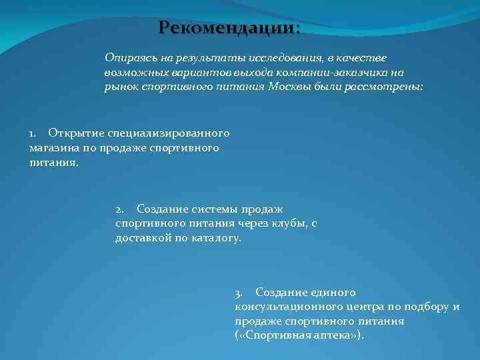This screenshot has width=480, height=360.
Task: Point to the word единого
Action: [333, 293]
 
